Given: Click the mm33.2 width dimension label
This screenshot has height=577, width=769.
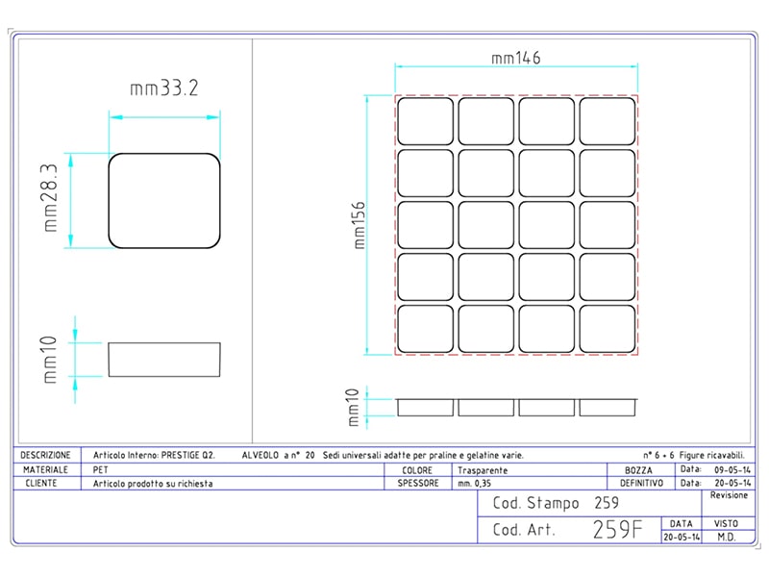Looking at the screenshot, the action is coord(163,88).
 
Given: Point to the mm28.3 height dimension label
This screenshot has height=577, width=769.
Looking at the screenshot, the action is coord(50,198).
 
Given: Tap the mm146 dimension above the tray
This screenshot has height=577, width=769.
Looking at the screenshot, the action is coord(515,58).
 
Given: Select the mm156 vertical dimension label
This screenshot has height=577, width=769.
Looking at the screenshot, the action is coord(360,225).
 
